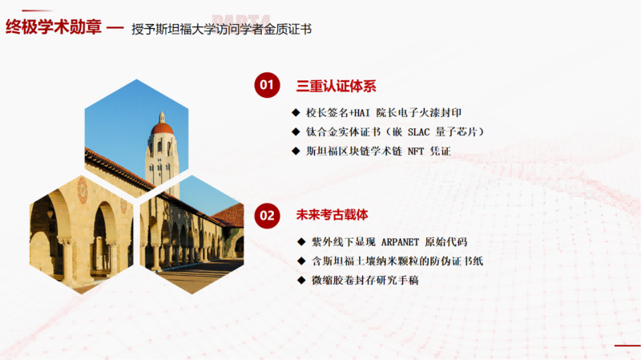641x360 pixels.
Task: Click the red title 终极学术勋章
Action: tap(54, 27)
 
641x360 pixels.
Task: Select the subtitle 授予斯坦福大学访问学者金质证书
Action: tap(222, 29)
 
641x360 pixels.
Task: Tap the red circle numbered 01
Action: tap(267, 85)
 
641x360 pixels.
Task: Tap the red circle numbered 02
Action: tap(267, 216)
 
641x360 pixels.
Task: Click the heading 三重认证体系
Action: tap(336, 86)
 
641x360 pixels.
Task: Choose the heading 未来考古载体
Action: tap(332, 215)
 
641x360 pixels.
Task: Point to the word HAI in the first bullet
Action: tap(362, 113)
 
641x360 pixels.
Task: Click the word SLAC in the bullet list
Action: tap(418, 132)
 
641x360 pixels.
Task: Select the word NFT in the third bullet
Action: tap(416, 152)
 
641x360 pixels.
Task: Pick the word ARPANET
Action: tap(400, 242)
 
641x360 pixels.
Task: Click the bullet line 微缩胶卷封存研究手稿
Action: tap(365, 281)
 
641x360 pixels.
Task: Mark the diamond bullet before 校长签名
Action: tap(296, 112)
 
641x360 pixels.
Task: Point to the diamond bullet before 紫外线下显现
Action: tap(302, 242)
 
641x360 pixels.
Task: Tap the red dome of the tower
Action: tap(163, 128)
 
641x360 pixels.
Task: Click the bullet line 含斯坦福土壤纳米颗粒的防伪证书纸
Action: tap(397, 261)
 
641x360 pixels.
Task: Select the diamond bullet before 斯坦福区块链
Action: tap(296, 151)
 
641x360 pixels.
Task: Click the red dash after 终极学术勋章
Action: tap(115, 28)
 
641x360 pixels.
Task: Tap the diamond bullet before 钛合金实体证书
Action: tap(296, 131)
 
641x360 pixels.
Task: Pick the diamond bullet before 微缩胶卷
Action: tap(302, 281)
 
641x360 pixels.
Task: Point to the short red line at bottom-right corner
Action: tap(627, 346)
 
